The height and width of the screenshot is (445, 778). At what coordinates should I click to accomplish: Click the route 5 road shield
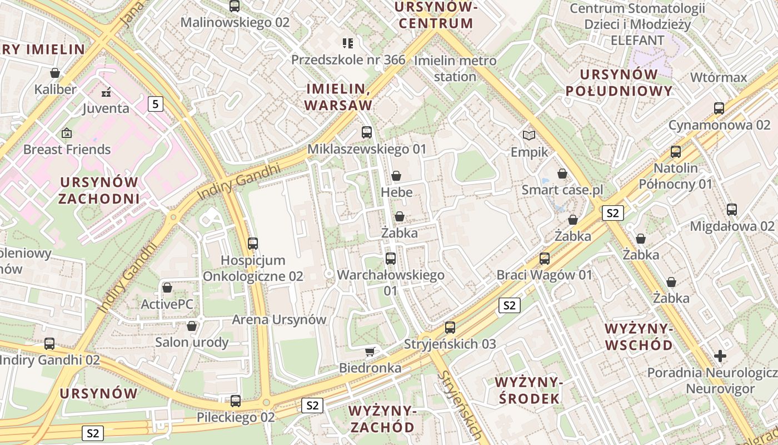click(156, 103)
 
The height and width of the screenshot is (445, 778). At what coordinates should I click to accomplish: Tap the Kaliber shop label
click(56, 89)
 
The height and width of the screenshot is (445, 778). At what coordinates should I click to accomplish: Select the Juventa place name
click(106, 108)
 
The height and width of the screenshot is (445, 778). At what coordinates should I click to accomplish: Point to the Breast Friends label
click(67, 149)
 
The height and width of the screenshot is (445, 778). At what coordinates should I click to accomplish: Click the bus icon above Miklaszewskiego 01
click(367, 132)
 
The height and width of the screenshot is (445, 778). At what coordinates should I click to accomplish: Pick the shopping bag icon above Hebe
click(396, 176)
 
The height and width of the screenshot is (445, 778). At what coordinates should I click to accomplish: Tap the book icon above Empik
click(529, 135)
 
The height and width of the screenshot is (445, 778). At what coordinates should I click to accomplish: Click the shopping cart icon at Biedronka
click(370, 352)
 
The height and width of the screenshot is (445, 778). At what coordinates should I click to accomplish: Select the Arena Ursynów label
click(279, 320)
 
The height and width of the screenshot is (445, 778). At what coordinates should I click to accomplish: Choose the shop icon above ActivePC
click(167, 288)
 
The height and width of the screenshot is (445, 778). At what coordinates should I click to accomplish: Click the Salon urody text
click(192, 342)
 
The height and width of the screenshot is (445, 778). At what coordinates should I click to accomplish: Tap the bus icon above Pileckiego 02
click(236, 400)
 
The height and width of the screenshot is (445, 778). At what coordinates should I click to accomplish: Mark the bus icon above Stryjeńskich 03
click(450, 327)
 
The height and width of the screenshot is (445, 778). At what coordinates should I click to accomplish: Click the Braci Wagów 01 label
click(545, 275)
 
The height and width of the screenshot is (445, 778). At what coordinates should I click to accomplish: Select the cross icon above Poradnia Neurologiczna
click(720, 355)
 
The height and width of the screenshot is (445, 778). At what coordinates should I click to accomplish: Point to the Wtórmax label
click(719, 77)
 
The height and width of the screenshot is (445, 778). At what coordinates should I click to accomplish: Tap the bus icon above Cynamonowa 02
click(719, 108)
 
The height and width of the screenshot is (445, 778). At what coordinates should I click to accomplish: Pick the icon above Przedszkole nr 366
click(348, 43)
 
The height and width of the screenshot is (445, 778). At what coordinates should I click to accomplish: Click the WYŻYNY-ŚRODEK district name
click(527, 390)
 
